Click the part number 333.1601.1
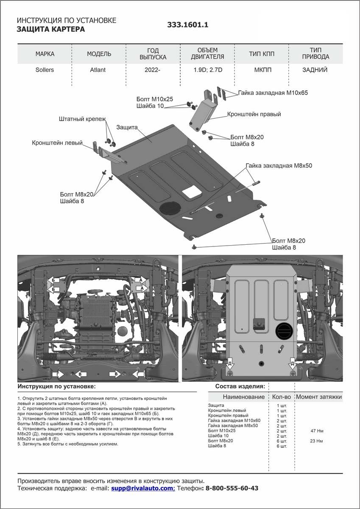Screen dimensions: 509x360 188,25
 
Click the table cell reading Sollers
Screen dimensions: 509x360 45,70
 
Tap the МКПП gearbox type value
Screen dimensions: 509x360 261,70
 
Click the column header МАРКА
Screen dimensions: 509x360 45,54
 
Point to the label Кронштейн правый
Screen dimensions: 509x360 254,114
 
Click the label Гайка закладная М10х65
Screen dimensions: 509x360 273,92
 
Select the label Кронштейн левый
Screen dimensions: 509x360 57,143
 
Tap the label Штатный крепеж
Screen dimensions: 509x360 82,119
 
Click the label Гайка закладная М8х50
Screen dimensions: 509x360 279,165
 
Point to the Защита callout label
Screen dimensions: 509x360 126,127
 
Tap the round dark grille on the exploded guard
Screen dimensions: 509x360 170,209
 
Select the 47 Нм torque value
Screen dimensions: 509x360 317,431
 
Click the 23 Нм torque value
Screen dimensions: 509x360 317,441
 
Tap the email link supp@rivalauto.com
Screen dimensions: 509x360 142,488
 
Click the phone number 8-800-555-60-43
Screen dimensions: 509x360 232,488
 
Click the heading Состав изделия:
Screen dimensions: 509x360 240,386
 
